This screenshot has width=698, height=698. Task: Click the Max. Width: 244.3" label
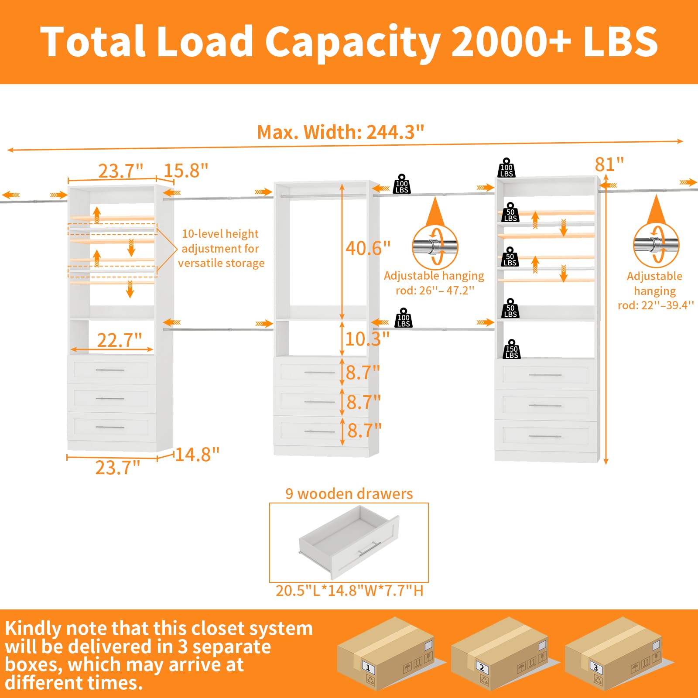coord(341,132)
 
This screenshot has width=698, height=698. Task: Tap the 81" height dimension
coord(609,164)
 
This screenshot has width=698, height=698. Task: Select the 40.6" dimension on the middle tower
coord(368,248)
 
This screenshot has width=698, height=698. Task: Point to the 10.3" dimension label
coord(367,339)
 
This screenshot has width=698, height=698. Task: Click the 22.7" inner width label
coord(119,340)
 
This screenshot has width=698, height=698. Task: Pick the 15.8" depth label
coord(186,171)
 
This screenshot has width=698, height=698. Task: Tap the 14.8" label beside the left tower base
coord(197,455)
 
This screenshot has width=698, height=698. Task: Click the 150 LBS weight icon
coord(512,349)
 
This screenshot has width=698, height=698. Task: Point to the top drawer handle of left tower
coord(110,370)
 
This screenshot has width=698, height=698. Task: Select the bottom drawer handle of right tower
coord(545,436)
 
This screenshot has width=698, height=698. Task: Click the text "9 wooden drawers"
coord(349,494)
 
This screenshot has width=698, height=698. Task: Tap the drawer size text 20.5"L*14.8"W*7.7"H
coord(349,591)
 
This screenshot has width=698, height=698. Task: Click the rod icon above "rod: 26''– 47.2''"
coord(435,247)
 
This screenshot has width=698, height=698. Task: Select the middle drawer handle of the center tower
coord(320,402)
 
